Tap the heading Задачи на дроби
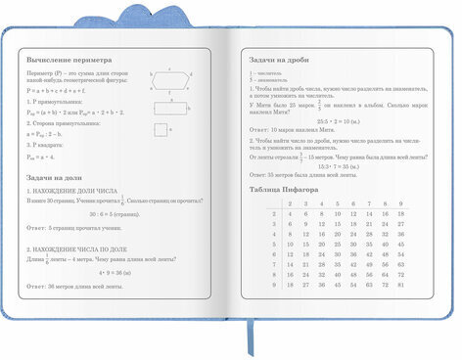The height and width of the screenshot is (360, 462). (283, 60)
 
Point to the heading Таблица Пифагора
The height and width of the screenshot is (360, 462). (291, 188)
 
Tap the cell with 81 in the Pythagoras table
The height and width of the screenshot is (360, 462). (399, 286)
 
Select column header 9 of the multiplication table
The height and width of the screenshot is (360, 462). (399, 203)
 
